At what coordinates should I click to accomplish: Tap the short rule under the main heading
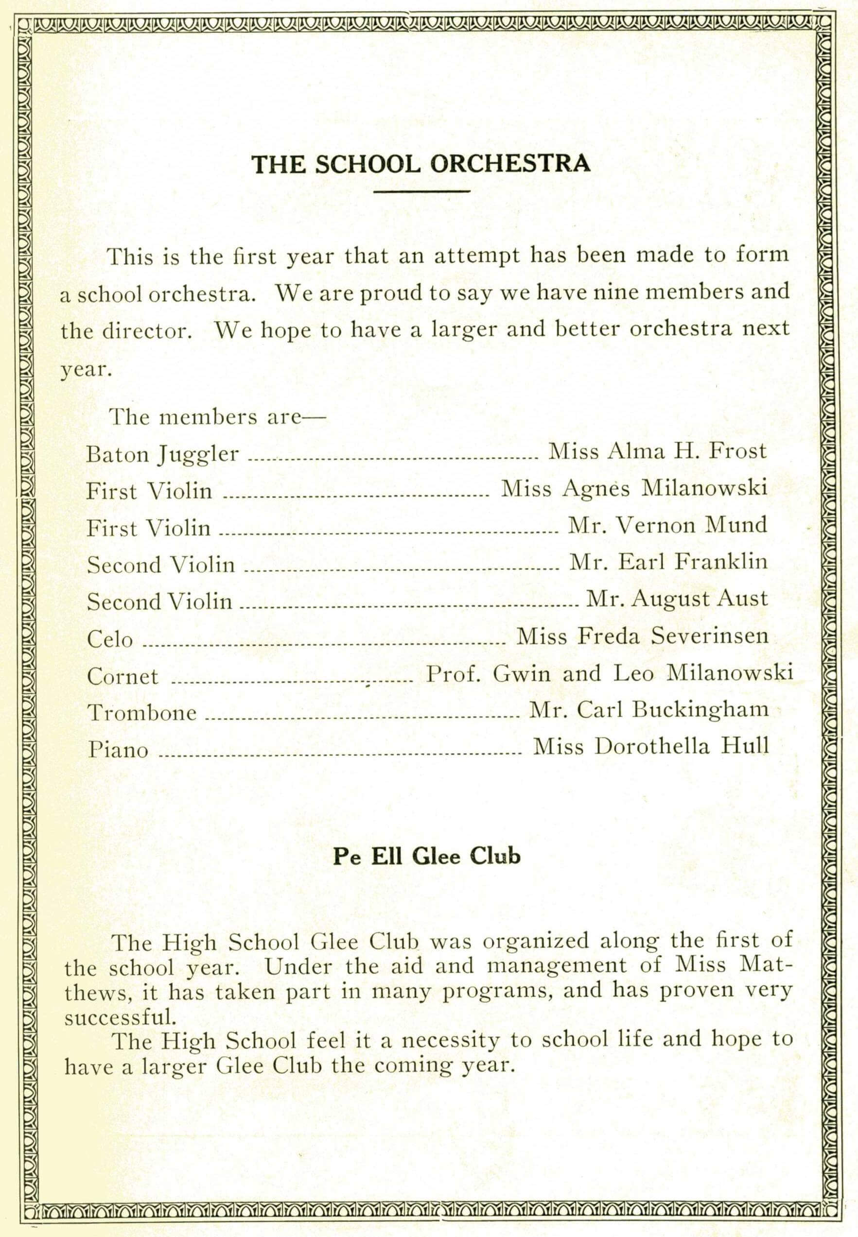coord(421,190)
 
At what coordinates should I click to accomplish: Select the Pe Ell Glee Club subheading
coord(427,856)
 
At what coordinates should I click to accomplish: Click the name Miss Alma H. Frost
coord(657,451)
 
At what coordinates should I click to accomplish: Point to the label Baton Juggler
coord(162,455)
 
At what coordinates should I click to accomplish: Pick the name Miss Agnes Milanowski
coord(634,488)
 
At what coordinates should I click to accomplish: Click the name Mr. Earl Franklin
coord(668,562)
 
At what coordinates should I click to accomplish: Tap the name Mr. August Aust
coord(677,599)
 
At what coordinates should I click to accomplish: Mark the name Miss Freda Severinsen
coord(643,636)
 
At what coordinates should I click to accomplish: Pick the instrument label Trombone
coord(142,713)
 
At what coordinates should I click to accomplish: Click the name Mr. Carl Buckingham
coord(649,710)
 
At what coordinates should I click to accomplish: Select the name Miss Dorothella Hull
coord(650,746)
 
